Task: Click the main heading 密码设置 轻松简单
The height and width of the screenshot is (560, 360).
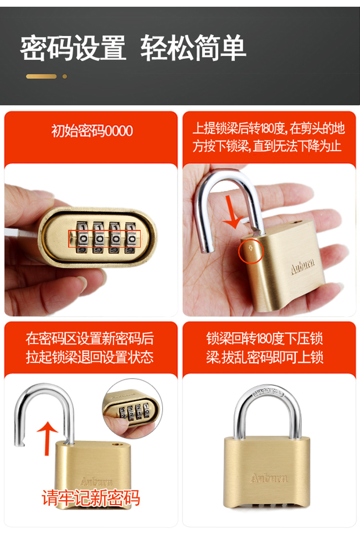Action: tap(133, 48)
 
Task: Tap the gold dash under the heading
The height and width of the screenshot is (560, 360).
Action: tap(41, 76)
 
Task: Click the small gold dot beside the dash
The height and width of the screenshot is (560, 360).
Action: tap(65, 76)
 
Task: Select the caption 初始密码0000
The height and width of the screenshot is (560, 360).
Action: tap(92, 131)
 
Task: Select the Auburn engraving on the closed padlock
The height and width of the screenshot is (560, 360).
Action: tap(269, 478)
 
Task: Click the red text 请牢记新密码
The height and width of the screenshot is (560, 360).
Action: tap(91, 498)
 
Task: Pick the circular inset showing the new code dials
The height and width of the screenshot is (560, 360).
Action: tap(132, 408)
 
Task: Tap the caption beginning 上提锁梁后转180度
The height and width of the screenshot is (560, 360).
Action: tap(269, 137)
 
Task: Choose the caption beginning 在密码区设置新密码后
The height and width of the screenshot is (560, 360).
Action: tap(90, 347)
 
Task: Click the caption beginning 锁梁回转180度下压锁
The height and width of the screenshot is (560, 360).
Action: tap(264, 347)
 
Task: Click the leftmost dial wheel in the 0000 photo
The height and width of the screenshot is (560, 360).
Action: tap(83, 238)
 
